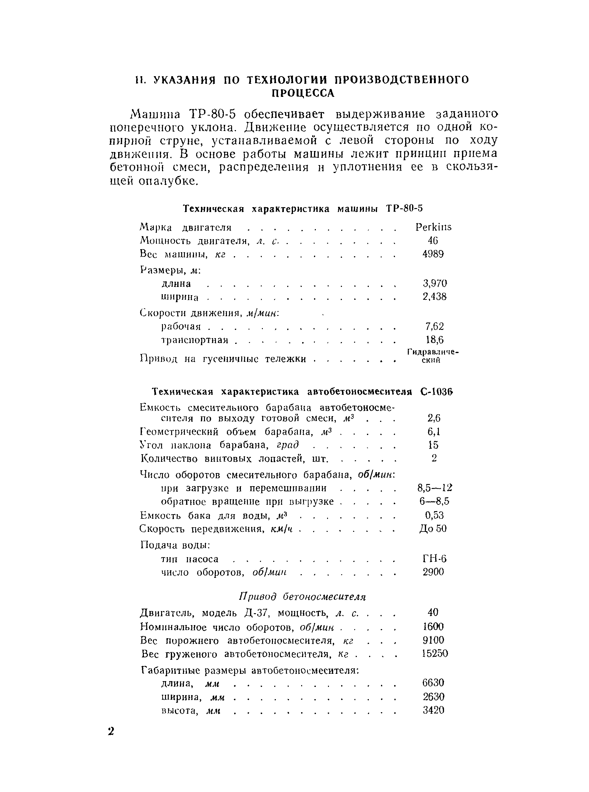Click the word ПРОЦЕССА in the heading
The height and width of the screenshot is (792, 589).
(x=303, y=94)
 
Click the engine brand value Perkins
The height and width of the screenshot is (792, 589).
(x=433, y=227)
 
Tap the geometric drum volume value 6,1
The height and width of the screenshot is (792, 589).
(x=434, y=432)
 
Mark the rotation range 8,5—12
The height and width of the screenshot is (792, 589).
(x=434, y=488)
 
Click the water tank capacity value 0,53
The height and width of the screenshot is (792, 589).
(x=434, y=515)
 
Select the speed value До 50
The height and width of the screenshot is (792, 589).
(x=433, y=529)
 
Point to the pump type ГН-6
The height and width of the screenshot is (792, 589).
(x=434, y=559)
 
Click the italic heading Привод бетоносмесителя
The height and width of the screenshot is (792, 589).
(x=302, y=596)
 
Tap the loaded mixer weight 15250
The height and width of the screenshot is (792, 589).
(x=435, y=654)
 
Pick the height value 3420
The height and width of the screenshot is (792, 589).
(x=434, y=710)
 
